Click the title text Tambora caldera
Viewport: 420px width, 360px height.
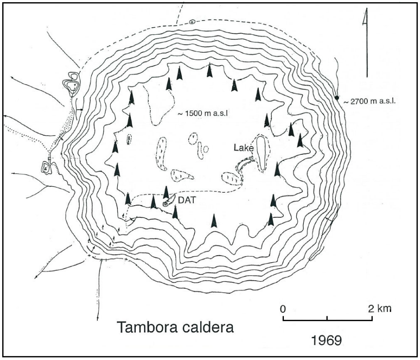[175, 328]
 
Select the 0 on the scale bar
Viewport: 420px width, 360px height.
[283, 308]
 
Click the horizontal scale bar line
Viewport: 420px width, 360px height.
[328, 319]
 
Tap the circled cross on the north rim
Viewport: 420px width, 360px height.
[192, 21]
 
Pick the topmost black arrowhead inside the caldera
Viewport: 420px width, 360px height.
[209, 70]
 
